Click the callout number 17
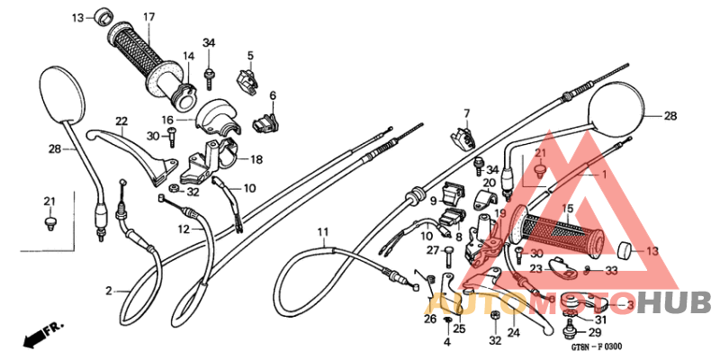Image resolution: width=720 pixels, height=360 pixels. (x=148, y=17)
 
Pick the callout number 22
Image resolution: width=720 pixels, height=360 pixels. (x=121, y=121)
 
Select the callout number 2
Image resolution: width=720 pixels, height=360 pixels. (x=109, y=291)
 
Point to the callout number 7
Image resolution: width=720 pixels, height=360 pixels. (x=467, y=113)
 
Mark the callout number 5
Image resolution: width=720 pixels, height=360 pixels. (x=250, y=56)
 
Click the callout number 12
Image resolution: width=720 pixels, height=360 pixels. (x=184, y=229)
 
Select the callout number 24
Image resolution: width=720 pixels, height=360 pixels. (x=513, y=333)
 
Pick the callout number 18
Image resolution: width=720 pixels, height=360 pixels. (x=256, y=160)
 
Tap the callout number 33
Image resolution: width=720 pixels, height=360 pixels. (x=611, y=269)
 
